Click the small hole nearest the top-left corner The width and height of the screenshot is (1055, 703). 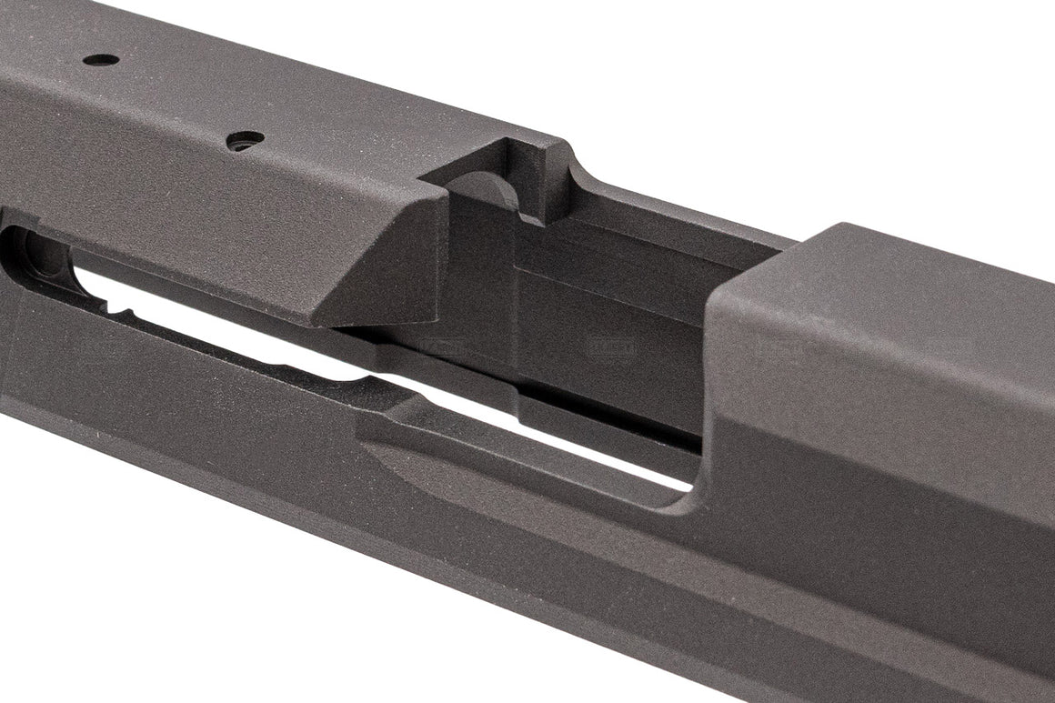click(101, 60)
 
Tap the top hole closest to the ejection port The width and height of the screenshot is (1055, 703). click(245, 138)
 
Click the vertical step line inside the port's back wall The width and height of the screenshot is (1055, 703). click(516, 300)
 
